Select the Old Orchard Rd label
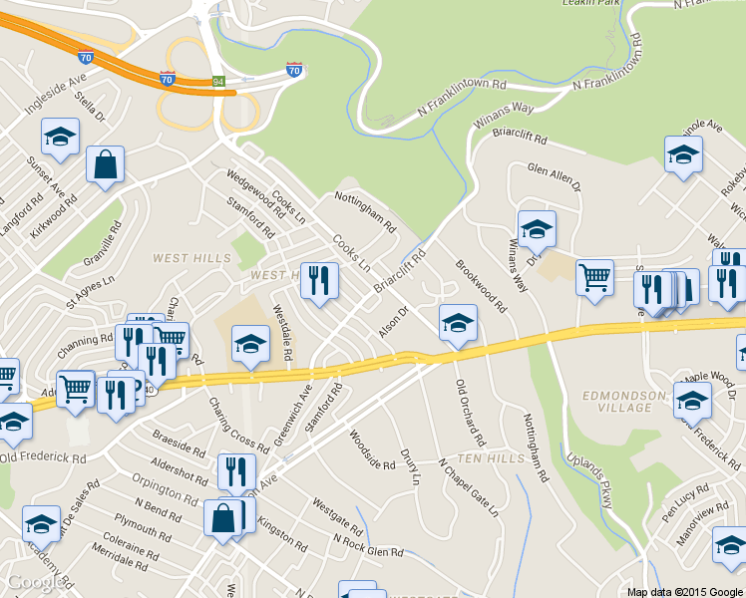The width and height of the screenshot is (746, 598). [x=470, y=413]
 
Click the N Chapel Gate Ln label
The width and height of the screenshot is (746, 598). [x=468, y=488]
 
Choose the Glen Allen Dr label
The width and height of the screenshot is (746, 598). [x=554, y=176]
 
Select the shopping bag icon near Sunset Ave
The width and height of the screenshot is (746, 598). [x=105, y=165]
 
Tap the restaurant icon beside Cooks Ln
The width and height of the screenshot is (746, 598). [x=319, y=282]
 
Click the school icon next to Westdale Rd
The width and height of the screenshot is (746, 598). [x=250, y=344]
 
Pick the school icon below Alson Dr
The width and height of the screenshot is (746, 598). [x=458, y=322]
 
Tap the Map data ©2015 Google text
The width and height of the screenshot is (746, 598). [x=684, y=591]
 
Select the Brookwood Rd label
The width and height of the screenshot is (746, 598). [x=481, y=287]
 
